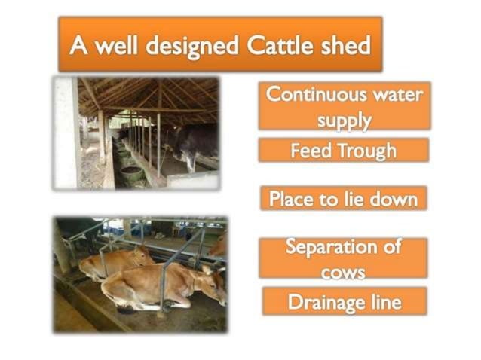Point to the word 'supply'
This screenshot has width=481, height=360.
[345, 119]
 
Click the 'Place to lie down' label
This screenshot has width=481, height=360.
[343, 199]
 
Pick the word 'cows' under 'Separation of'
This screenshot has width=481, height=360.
[343, 270]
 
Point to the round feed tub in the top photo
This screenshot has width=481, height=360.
[132, 173]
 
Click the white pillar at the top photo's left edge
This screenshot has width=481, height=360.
[66, 132]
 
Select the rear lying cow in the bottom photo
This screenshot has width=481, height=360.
[113, 261]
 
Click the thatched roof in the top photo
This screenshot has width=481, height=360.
[151, 94]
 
